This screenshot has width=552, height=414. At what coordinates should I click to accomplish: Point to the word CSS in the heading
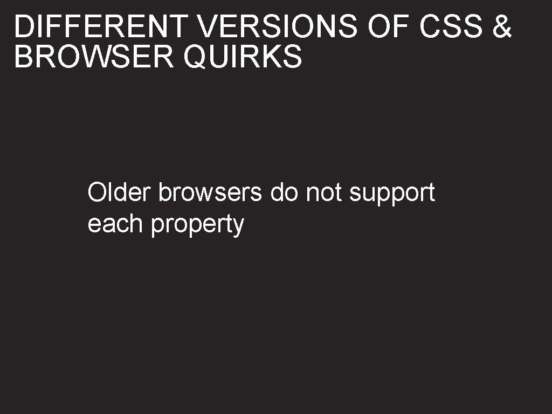pos(451,27)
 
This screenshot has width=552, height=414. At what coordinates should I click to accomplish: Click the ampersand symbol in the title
pos(502,27)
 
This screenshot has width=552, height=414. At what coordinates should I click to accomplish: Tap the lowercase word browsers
pos(210,192)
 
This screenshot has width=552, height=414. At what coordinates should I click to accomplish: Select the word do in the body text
pos(284,192)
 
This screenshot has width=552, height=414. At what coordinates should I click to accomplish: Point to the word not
pos(324,192)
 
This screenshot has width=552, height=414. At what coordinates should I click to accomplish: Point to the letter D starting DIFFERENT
pos(23,27)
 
